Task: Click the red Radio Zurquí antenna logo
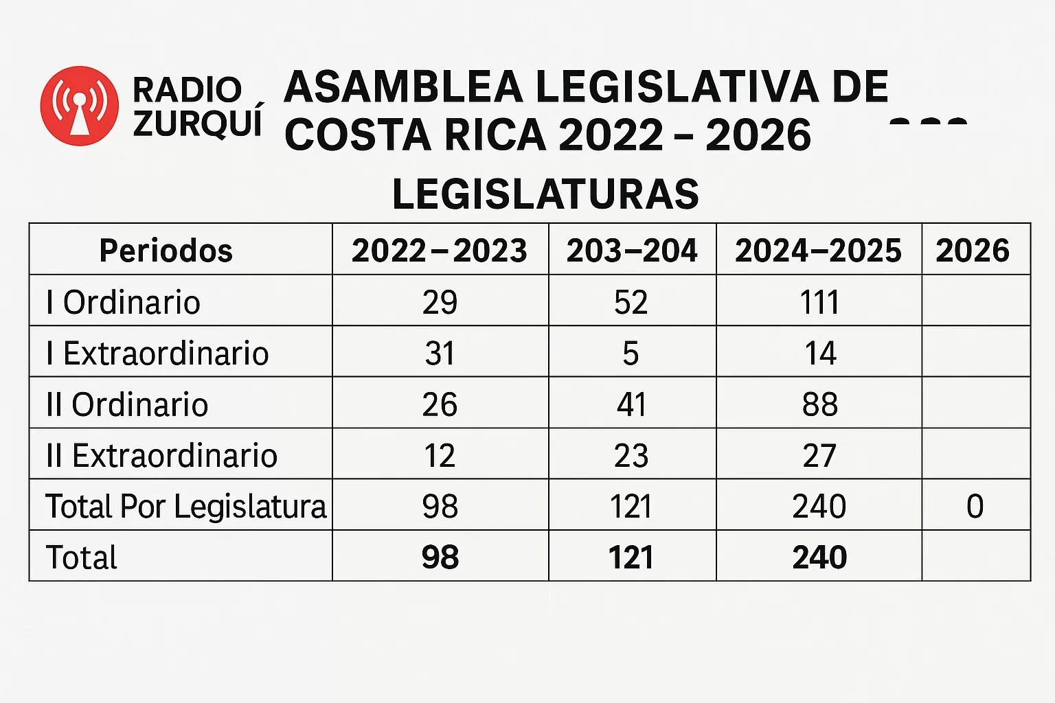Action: (x=80, y=106)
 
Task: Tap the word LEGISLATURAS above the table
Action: (x=545, y=194)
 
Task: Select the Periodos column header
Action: (x=166, y=250)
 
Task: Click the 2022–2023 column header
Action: (x=440, y=250)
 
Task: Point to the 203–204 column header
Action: (x=632, y=250)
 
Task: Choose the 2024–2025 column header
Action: (x=818, y=250)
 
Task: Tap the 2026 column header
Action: (x=973, y=250)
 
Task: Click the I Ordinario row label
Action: (x=124, y=302)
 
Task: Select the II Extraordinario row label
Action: (x=161, y=455)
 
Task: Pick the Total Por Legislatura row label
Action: (x=185, y=506)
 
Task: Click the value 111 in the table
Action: (x=819, y=302)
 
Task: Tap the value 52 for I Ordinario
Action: (x=631, y=302)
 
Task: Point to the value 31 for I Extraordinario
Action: (x=440, y=353)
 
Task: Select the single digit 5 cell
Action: (x=631, y=353)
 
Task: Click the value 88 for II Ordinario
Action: (x=820, y=404)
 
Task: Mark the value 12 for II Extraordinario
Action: (x=440, y=455)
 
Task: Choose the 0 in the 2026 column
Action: (x=975, y=506)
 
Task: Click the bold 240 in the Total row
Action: (x=819, y=557)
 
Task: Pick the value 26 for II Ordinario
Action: (x=440, y=404)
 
